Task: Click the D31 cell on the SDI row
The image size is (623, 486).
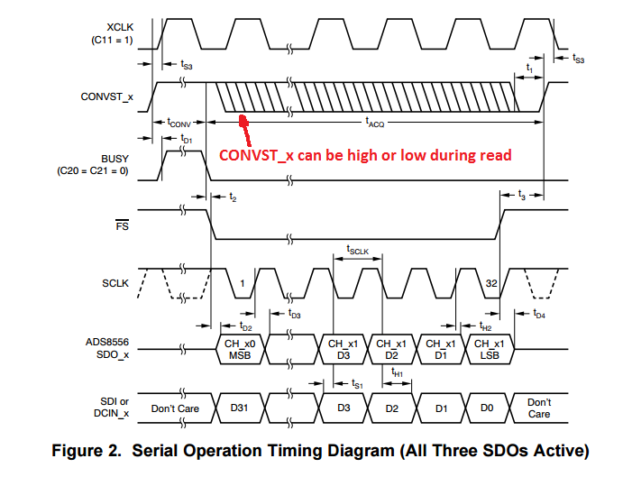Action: [x=239, y=408]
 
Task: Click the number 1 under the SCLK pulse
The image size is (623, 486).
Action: [x=242, y=284]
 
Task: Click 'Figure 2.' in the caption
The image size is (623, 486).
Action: [x=85, y=450]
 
